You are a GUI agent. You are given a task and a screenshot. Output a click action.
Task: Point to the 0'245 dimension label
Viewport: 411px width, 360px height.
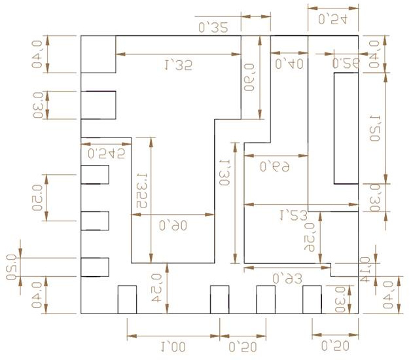pyautogui.click(x=106, y=153)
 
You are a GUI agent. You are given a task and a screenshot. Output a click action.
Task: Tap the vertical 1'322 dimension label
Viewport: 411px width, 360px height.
pyautogui.click(x=139, y=192)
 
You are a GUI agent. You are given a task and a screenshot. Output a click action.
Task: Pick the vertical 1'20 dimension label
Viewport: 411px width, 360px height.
pyautogui.click(x=375, y=128)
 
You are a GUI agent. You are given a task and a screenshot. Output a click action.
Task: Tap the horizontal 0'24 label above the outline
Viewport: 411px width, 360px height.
pyautogui.click(x=332, y=20)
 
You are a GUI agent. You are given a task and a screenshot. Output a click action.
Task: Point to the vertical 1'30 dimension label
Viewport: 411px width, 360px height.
pyautogui.click(x=224, y=173)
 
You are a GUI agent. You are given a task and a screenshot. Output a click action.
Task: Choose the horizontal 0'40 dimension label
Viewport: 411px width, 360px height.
pyautogui.click(x=289, y=63)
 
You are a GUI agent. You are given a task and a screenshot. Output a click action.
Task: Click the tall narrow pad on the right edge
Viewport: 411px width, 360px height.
pyautogui.click(x=346, y=129)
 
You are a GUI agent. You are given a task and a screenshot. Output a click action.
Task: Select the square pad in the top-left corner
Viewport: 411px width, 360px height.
pyautogui.click(x=98, y=54)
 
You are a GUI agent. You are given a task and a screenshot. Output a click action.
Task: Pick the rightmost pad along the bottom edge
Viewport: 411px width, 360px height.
pyautogui.click(x=312, y=300)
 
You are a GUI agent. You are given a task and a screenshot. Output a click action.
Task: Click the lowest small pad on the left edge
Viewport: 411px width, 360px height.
pyautogui.click(x=95, y=267)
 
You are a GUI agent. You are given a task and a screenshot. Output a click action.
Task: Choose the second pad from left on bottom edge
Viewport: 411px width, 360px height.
pyautogui.click(x=219, y=300)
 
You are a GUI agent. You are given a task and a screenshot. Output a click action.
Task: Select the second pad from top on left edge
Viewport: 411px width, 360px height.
pyautogui.click(x=98, y=105)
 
